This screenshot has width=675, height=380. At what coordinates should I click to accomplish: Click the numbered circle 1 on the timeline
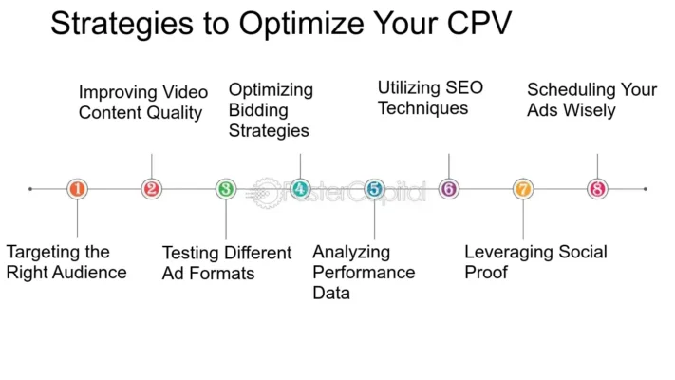[x=77, y=189]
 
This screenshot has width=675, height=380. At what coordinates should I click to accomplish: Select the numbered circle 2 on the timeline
[x=151, y=189]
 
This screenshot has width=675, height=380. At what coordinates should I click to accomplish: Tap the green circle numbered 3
[x=226, y=189]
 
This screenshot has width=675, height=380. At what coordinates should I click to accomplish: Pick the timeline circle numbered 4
[x=300, y=189]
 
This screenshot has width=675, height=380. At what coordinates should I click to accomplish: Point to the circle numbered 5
[x=374, y=189]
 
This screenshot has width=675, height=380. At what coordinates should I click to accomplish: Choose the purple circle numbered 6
[x=448, y=189]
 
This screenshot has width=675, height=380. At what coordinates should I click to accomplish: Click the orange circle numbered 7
[x=523, y=189]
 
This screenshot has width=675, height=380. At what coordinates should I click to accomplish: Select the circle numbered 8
[x=597, y=189]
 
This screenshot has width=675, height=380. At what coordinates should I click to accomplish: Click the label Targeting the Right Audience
[x=66, y=262]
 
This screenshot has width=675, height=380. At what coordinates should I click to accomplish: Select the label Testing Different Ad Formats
[x=227, y=263]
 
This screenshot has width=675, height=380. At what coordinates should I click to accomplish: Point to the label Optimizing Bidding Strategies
[x=271, y=110]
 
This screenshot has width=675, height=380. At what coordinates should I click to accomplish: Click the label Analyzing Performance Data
[x=364, y=273]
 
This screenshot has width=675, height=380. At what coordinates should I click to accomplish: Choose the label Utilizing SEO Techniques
[x=430, y=98]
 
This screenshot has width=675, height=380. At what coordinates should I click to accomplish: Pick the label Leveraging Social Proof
[x=535, y=262]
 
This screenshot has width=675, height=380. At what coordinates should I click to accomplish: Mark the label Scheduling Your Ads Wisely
[x=591, y=100]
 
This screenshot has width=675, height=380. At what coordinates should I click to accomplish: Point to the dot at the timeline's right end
[x=646, y=189]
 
